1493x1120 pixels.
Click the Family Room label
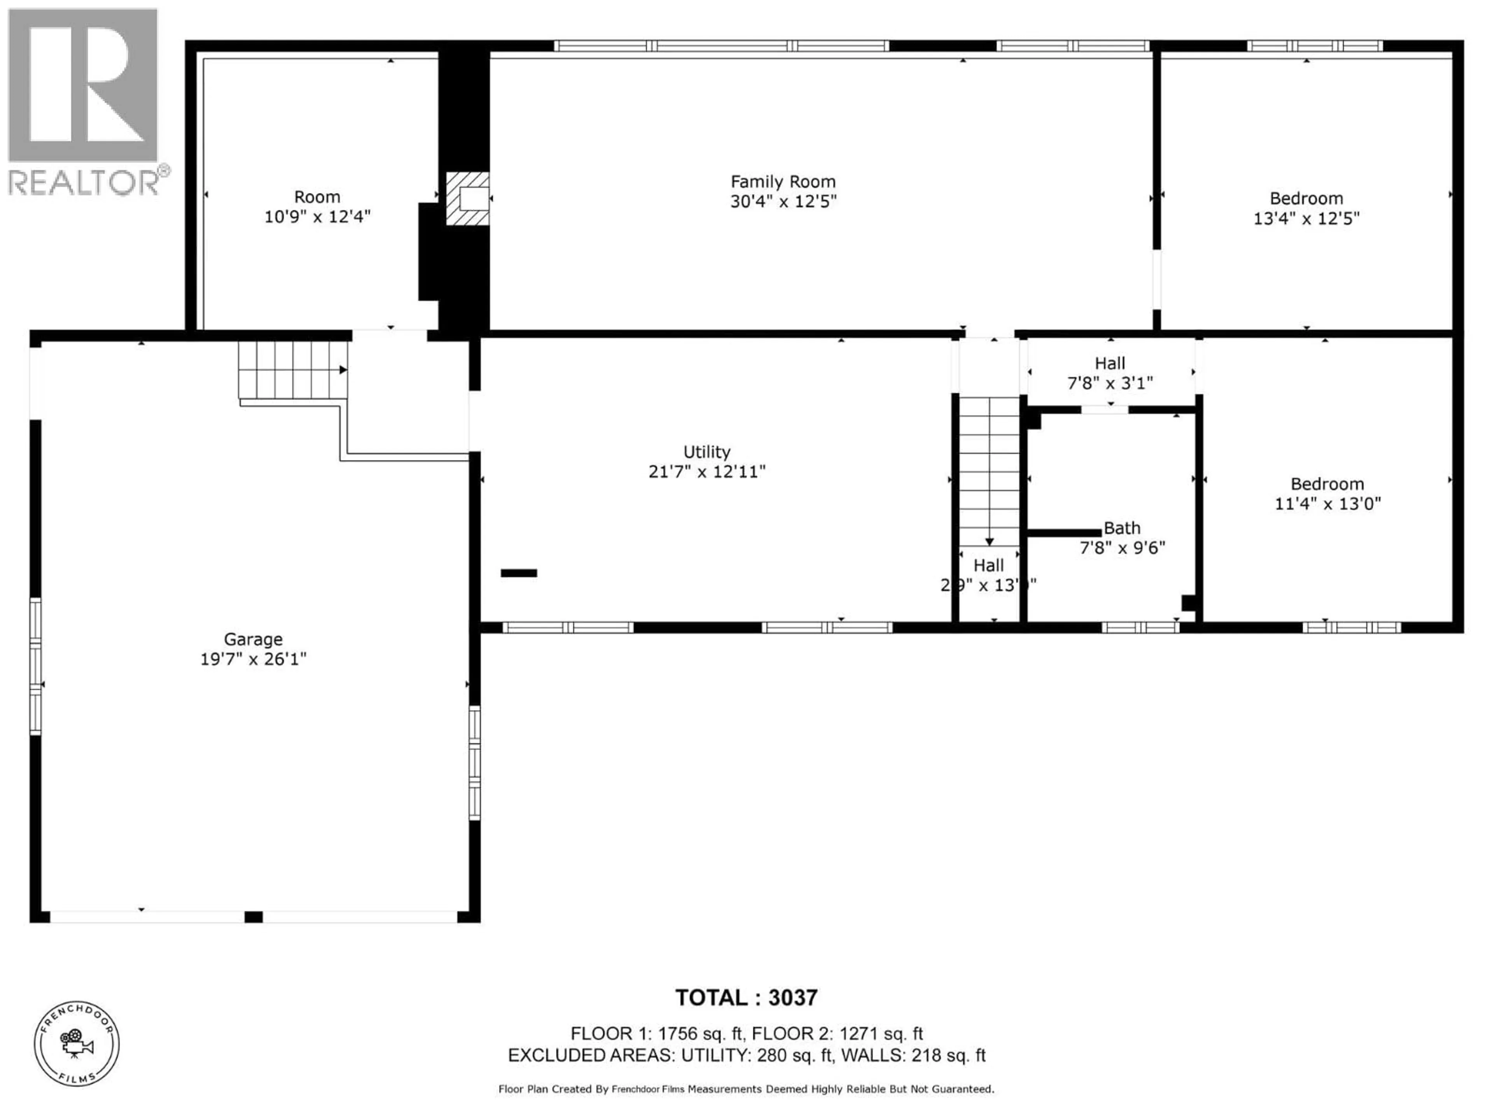(x=783, y=182)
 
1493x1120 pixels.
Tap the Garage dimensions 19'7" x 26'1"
(x=253, y=659)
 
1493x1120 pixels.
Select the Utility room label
(x=707, y=451)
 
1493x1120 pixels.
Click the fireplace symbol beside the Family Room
(x=468, y=198)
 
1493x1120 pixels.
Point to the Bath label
(x=1122, y=528)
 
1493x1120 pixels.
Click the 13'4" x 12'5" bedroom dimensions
(x=1306, y=219)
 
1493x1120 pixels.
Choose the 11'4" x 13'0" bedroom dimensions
(x=1328, y=504)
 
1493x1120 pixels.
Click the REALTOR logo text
(x=84, y=182)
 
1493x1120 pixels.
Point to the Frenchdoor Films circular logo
(x=77, y=1044)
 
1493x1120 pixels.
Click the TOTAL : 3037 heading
(x=746, y=998)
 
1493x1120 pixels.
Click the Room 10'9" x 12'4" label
(x=317, y=206)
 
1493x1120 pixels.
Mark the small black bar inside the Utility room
(x=518, y=573)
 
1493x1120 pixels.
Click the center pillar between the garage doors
(x=253, y=917)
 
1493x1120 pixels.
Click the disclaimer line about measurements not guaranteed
(x=746, y=1089)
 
